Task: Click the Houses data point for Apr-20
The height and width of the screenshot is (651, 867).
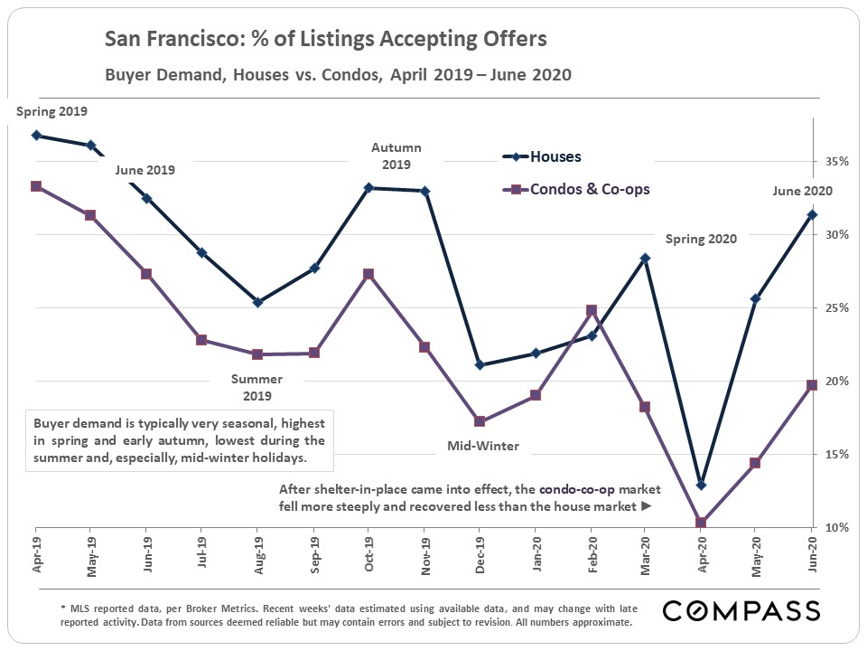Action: click(701, 485)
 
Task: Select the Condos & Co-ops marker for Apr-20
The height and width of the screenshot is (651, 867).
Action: click(701, 523)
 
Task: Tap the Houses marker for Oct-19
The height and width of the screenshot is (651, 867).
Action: click(369, 188)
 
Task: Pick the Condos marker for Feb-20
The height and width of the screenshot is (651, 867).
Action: click(592, 310)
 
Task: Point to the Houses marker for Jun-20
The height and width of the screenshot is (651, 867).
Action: click(812, 214)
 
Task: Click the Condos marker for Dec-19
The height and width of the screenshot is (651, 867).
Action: click(480, 421)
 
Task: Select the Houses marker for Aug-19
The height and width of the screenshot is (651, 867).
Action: click(257, 302)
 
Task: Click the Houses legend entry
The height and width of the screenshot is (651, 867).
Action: click(555, 156)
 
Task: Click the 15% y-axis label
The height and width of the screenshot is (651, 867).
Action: click(834, 454)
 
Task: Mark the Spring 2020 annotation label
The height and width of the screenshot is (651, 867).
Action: click(701, 240)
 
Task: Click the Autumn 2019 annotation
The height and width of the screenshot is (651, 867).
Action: click(396, 156)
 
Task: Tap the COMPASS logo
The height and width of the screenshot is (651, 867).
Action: click(741, 610)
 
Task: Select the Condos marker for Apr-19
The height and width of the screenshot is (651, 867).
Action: click(35, 186)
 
